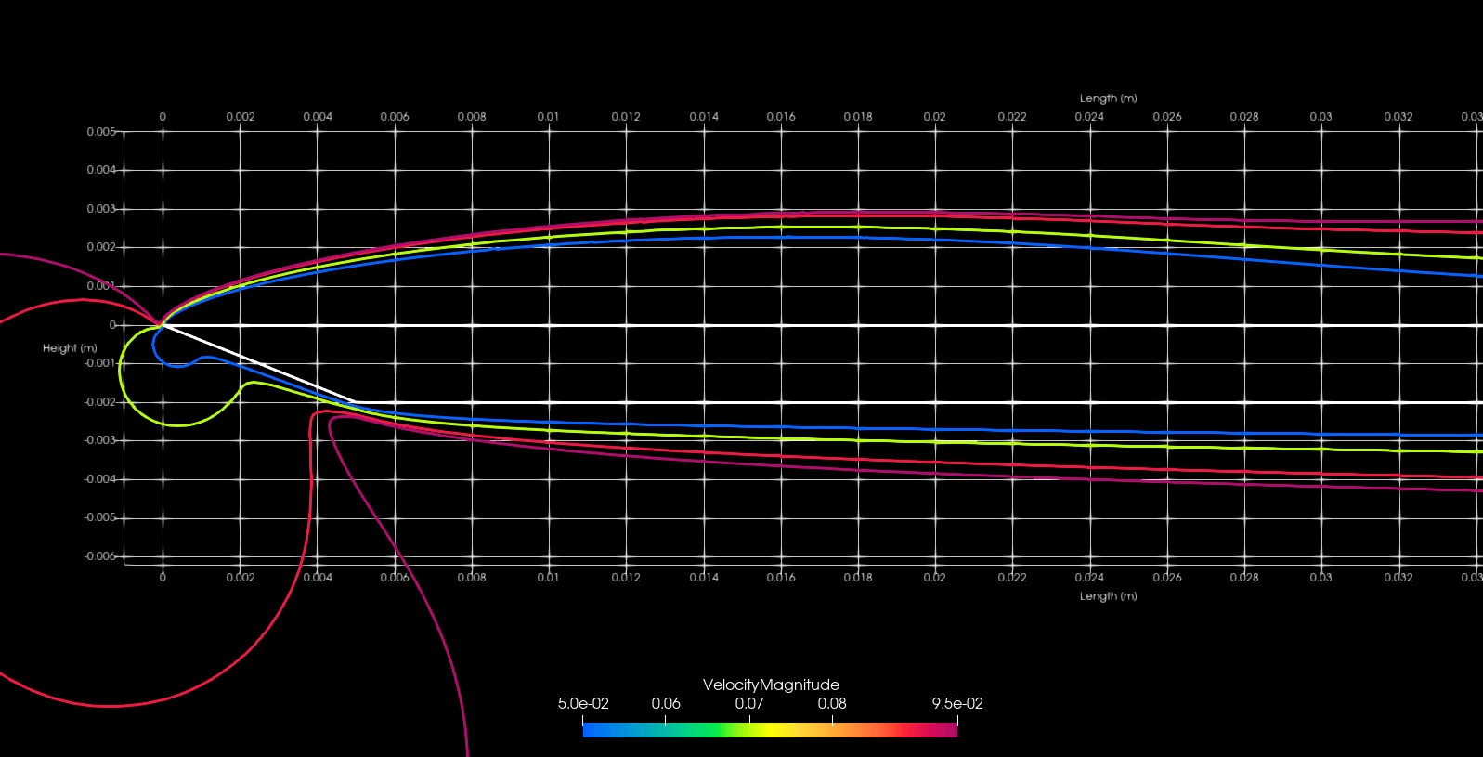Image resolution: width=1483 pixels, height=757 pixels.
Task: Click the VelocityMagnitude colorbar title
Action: (771, 685)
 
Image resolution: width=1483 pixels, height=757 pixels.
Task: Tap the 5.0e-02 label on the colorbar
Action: (583, 703)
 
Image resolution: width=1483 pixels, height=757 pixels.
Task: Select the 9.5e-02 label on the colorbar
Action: (957, 703)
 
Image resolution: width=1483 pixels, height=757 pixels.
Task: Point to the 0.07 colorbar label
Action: (748, 703)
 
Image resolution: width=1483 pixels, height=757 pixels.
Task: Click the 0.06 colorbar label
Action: (666, 703)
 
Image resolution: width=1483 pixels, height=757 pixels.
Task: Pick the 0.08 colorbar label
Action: (832, 703)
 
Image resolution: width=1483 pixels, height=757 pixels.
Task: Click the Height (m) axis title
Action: (70, 348)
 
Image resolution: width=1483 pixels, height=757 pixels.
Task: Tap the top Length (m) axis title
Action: (1108, 98)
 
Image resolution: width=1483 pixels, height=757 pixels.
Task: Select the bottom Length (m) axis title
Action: (1108, 596)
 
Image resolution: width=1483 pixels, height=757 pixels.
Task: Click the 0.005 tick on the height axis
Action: (101, 132)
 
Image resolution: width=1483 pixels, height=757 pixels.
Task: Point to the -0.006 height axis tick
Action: (100, 556)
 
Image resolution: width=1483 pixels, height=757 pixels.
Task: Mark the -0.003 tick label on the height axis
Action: (100, 440)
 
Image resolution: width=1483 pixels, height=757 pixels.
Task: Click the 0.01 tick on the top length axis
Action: (548, 117)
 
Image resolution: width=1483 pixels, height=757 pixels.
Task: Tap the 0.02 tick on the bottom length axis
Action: (934, 578)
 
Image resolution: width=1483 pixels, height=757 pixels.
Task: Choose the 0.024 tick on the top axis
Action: (1089, 117)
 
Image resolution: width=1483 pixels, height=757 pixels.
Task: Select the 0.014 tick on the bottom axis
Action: (704, 578)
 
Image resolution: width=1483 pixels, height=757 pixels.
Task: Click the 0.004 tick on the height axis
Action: (101, 170)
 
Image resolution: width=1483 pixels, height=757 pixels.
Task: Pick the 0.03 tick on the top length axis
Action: (1320, 117)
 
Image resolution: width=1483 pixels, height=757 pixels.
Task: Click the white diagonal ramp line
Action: (260, 364)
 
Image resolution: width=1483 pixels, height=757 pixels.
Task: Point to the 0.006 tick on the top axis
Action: (395, 117)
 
